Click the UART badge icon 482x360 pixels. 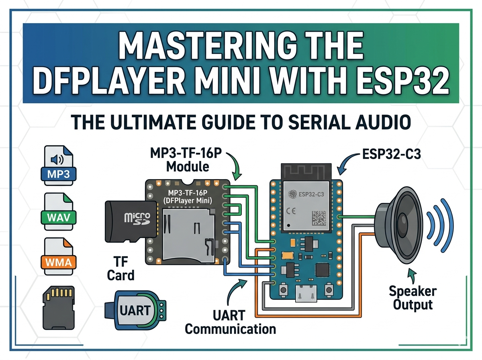[135, 310]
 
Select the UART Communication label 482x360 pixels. [231, 321]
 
